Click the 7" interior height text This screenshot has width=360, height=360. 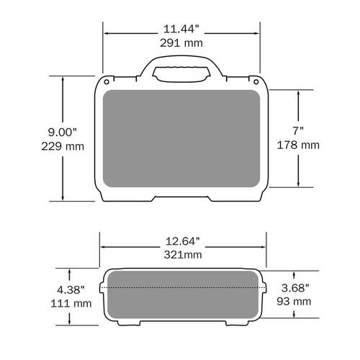298,131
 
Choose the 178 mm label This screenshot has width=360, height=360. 298,145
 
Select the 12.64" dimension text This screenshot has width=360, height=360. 182,240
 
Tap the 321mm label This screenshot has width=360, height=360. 182,254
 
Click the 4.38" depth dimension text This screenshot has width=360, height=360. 71,289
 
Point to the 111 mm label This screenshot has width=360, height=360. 71,303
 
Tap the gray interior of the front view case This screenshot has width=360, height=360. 181,138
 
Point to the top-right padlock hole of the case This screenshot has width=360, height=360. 256,79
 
